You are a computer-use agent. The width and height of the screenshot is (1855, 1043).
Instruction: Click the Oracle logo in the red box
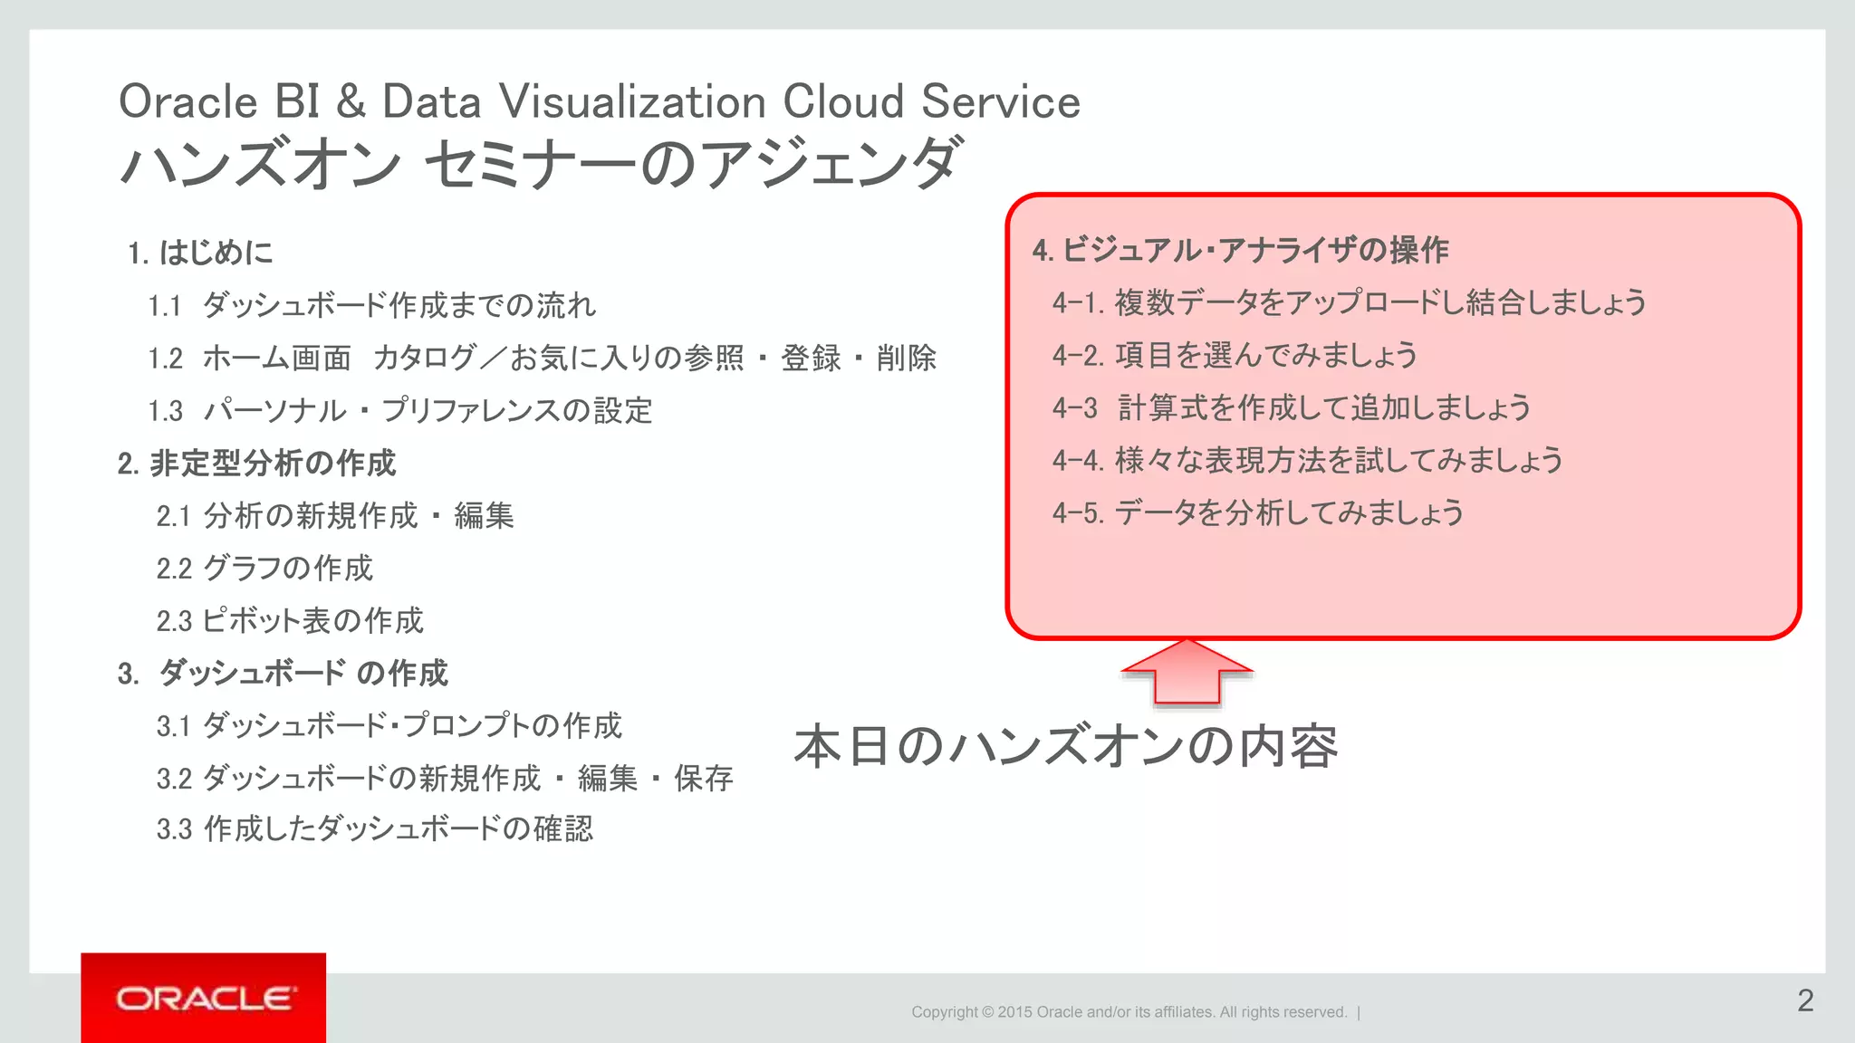[204, 999]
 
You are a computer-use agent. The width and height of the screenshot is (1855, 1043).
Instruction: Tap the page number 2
[1805, 1000]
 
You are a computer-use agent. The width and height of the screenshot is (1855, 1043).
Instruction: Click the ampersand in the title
[351, 101]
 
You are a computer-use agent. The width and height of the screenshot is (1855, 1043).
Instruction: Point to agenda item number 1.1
[165, 306]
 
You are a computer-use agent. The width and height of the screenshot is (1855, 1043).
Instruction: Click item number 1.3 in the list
[165, 411]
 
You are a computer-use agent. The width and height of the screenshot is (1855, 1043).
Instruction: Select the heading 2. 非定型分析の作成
[256, 464]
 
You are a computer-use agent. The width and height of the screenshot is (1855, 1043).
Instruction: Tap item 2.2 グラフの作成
[264, 569]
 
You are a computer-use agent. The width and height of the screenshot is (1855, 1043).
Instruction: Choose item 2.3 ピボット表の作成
[289, 621]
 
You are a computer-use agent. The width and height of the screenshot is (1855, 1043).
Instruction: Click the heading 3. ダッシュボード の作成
[283, 674]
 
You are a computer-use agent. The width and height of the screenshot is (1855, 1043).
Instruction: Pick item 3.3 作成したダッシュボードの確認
[374, 829]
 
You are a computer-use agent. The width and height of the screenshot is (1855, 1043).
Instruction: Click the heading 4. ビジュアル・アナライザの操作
[1240, 251]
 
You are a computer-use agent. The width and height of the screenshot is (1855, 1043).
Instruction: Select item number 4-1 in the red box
[1077, 302]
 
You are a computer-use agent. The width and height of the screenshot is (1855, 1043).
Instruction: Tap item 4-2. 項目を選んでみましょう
[1235, 355]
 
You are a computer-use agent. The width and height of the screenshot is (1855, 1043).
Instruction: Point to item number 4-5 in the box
[1077, 513]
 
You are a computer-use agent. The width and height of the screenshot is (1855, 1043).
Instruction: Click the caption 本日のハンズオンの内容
[1065, 747]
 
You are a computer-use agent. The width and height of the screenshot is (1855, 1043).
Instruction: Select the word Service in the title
[1001, 101]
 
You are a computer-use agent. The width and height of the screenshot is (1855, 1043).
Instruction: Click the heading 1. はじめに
[200, 253]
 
